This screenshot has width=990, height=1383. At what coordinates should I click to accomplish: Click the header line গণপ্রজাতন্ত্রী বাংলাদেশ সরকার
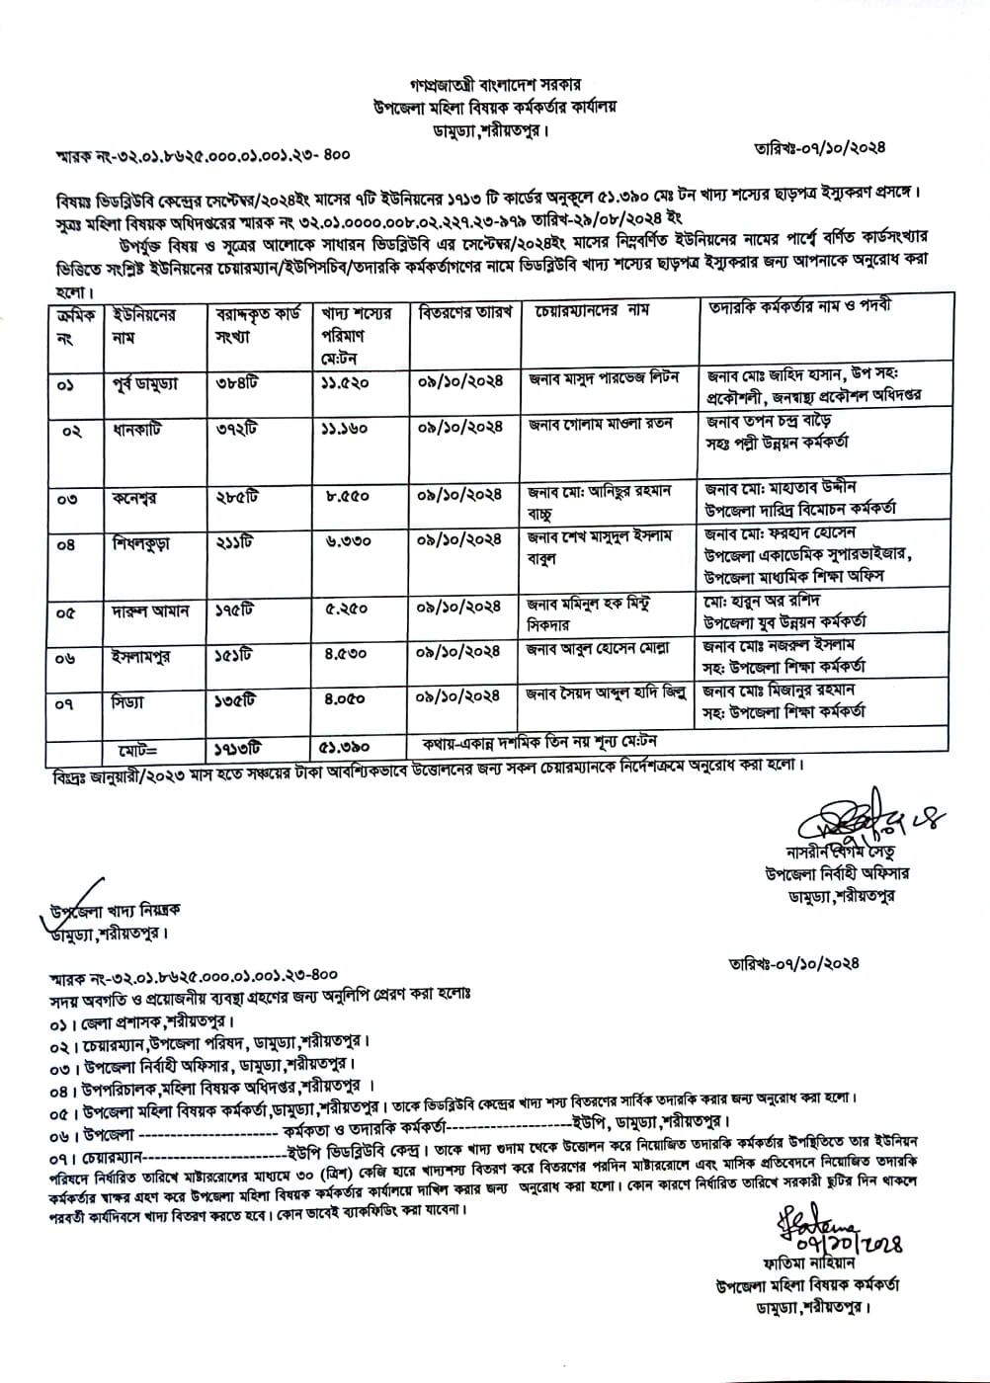tap(496, 85)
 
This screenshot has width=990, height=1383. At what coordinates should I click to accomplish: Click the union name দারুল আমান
tap(150, 611)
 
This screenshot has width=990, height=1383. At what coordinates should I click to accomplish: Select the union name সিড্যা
tap(128, 702)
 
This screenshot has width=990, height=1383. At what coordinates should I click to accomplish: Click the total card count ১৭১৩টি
tap(239, 748)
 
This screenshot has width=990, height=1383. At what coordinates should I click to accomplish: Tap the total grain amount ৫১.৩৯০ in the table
tap(345, 748)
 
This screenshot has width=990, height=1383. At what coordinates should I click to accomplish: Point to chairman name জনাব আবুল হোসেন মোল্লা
tap(599, 649)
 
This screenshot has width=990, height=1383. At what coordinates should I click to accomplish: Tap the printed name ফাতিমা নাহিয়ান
tap(816, 1262)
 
